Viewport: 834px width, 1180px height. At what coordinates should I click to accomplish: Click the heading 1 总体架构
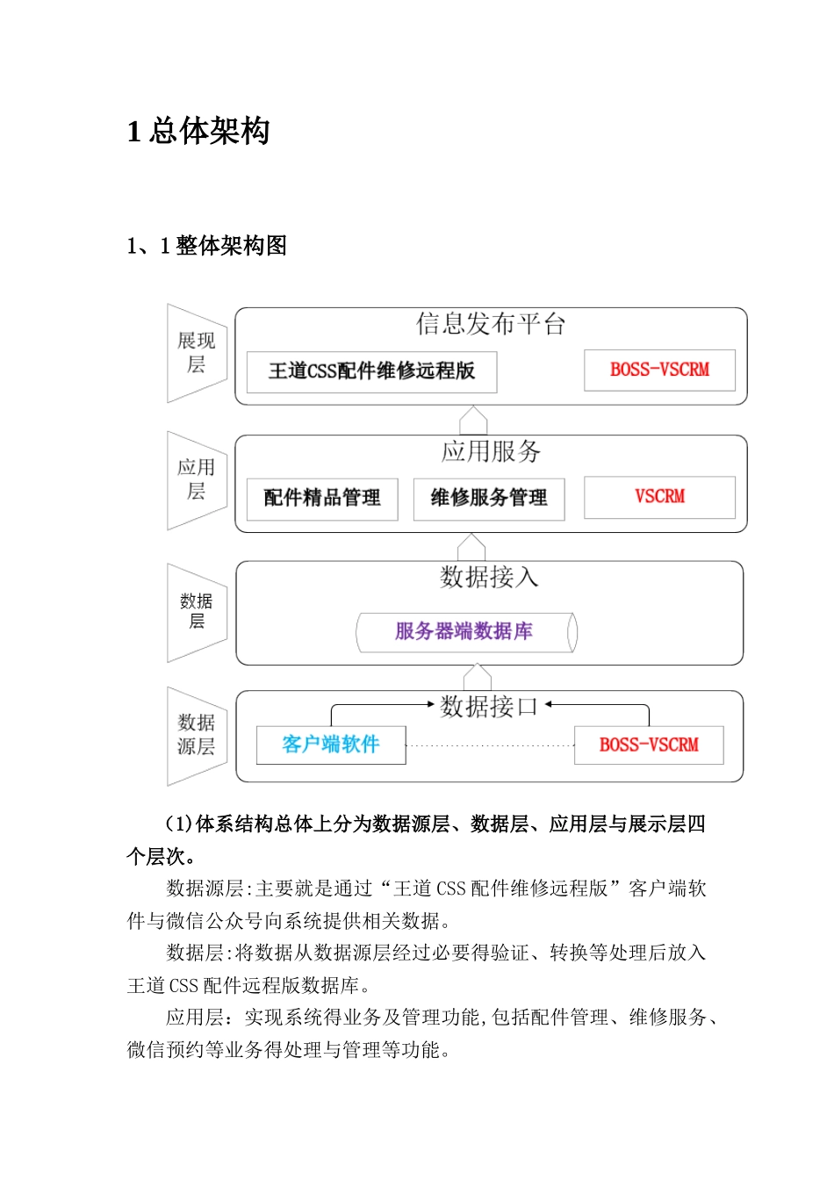pos(198,132)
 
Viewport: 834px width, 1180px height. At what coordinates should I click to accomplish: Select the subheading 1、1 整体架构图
pos(207,246)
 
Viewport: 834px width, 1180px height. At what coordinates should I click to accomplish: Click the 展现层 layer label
pos(196,352)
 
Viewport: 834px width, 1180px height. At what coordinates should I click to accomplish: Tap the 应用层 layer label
pos(196,479)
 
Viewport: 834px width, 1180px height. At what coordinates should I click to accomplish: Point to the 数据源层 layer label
pos(196,734)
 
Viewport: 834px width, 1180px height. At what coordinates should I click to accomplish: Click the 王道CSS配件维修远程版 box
pos(371,371)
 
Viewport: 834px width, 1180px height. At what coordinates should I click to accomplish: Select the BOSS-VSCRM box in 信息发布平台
pos(659,370)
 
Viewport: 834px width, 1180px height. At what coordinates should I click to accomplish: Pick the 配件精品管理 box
pos(322,499)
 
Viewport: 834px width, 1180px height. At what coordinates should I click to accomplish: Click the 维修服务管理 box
pos(488,499)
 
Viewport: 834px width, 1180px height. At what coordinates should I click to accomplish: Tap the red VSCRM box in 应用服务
pos(659,497)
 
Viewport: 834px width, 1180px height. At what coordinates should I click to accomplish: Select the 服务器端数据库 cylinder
pos(465,632)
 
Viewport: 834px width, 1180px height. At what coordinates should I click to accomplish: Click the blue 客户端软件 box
pos(331,745)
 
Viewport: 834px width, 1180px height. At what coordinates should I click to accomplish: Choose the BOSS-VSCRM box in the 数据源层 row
pos(649,745)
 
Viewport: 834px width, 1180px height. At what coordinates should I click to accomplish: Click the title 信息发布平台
pos(491,325)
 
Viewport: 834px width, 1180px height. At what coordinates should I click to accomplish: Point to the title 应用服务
pos(491,452)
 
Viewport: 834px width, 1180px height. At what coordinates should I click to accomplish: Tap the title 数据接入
pos(489,577)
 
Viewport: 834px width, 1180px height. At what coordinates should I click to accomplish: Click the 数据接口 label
pos(489,706)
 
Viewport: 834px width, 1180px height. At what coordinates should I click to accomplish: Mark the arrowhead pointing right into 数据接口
pos(430,704)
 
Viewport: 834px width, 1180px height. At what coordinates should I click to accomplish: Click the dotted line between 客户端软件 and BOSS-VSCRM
pos(490,745)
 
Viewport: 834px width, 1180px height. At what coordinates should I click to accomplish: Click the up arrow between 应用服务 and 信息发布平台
pos(473,420)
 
